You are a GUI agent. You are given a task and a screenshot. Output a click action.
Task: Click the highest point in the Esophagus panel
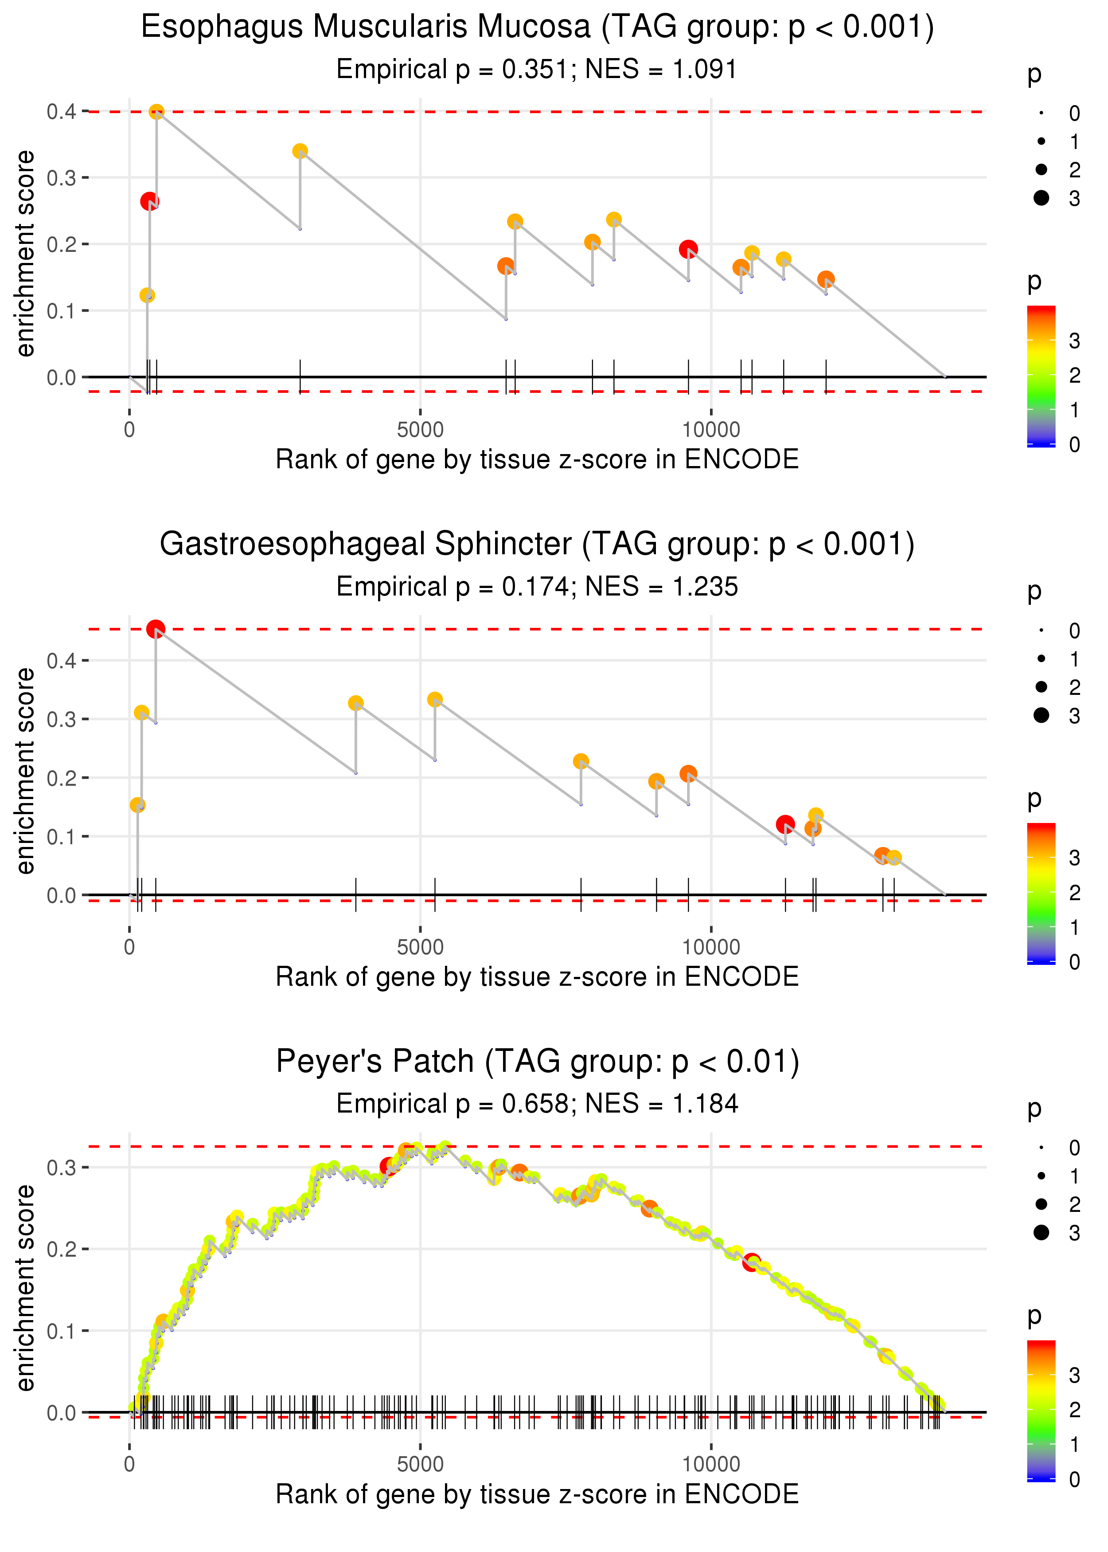pyautogui.click(x=156, y=112)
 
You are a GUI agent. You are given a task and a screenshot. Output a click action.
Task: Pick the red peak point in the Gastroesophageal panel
pyautogui.click(x=156, y=629)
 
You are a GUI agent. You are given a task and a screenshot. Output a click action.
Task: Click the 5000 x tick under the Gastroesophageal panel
pyautogui.click(x=420, y=947)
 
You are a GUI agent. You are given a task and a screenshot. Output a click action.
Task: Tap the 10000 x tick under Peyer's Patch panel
pyautogui.click(x=711, y=1464)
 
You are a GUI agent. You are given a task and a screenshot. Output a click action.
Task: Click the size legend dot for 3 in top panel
pyautogui.click(x=1041, y=198)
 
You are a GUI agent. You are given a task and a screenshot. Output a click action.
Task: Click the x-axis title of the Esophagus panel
pyautogui.click(x=537, y=459)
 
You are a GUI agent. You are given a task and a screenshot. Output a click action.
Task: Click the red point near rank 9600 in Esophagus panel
pyautogui.click(x=688, y=249)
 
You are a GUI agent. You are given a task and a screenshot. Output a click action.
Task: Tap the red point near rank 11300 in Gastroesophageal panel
pyautogui.click(x=785, y=824)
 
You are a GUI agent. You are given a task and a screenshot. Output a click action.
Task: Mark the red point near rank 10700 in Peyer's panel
pyautogui.click(x=752, y=1262)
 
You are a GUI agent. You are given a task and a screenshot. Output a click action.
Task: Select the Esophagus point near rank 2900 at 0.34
pyautogui.click(x=300, y=151)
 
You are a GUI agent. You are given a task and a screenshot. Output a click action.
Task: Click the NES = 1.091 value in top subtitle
pyautogui.click(x=660, y=70)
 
